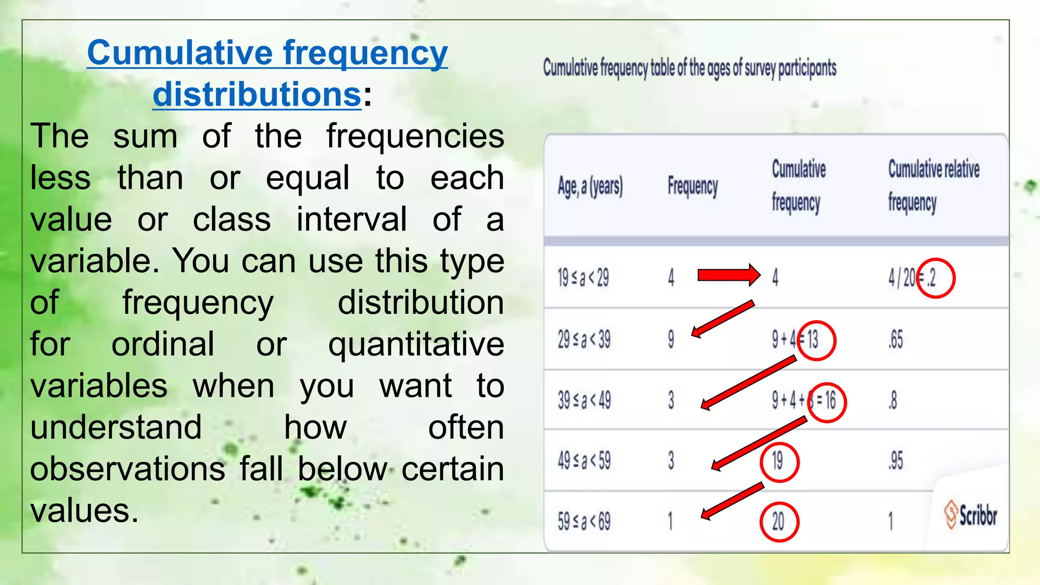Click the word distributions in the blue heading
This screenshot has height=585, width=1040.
(x=257, y=94)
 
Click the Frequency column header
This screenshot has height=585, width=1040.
(x=692, y=186)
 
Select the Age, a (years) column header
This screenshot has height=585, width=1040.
(x=590, y=187)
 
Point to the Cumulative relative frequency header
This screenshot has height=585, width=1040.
(x=933, y=185)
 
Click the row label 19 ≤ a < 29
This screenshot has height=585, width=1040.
(x=582, y=278)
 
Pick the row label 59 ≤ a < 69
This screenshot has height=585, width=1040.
(x=583, y=522)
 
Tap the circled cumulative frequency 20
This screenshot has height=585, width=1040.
(x=778, y=522)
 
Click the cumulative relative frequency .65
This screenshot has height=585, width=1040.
(x=896, y=340)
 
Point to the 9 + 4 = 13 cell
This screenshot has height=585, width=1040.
(x=795, y=340)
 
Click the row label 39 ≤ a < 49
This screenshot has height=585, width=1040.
(x=584, y=401)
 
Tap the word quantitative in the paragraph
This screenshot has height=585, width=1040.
(x=416, y=344)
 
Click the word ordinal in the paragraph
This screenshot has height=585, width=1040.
(x=162, y=344)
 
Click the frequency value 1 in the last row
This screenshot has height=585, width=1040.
(x=670, y=522)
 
